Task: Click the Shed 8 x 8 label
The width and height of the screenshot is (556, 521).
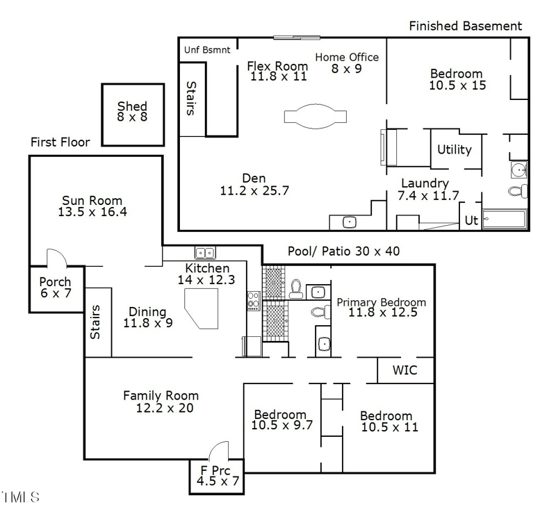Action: click(132, 111)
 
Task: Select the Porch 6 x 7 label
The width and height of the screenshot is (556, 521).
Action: click(55, 288)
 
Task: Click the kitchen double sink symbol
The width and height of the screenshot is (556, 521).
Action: click(204, 253)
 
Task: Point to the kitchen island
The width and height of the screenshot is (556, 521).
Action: click(201, 308)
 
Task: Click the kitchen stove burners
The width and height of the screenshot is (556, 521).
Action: click(253, 301)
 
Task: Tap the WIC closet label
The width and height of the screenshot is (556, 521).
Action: click(405, 370)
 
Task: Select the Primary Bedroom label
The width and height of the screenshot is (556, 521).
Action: click(381, 308)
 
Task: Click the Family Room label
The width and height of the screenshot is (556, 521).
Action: click(161, 402)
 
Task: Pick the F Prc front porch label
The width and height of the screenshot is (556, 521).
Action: click(216, 475)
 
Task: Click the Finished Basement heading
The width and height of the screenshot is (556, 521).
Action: click(465, 26)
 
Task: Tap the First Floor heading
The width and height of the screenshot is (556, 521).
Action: click(60, 142)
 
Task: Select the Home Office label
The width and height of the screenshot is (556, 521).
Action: click(347, 63)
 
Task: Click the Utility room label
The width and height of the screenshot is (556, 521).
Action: click(455, 149)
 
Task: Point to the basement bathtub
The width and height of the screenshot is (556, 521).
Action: click(505, 220)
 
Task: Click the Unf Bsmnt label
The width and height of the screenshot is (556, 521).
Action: click(207, 50)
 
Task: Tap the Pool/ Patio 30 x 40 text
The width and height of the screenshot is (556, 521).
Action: click(344, 251)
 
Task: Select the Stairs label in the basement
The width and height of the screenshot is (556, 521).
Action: click(192, 99)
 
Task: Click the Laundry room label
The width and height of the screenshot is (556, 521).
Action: click(425, 189)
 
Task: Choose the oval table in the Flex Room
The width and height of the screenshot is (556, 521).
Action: click(314, 115)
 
